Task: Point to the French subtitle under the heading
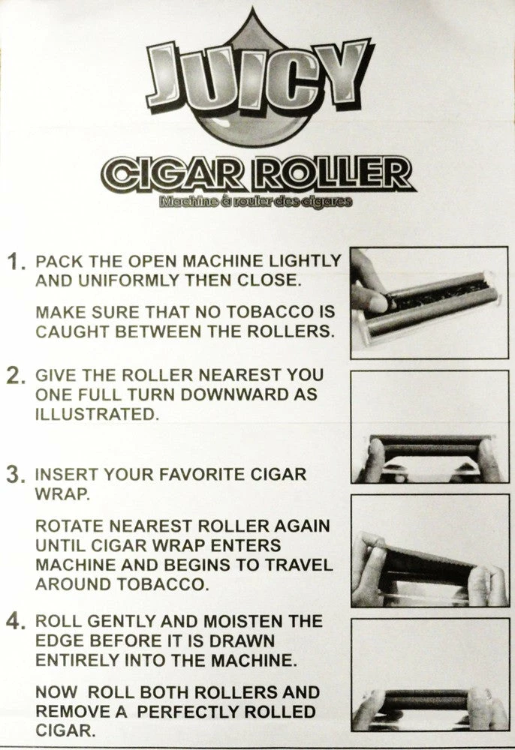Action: coord(254,202)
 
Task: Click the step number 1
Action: coord(17,262)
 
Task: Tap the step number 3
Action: coord(17,475)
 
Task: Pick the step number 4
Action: coord(17,622)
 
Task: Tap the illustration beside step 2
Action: coord(429,427)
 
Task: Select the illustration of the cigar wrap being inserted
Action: coord(429,550)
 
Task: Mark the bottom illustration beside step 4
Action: coord(429,673)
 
